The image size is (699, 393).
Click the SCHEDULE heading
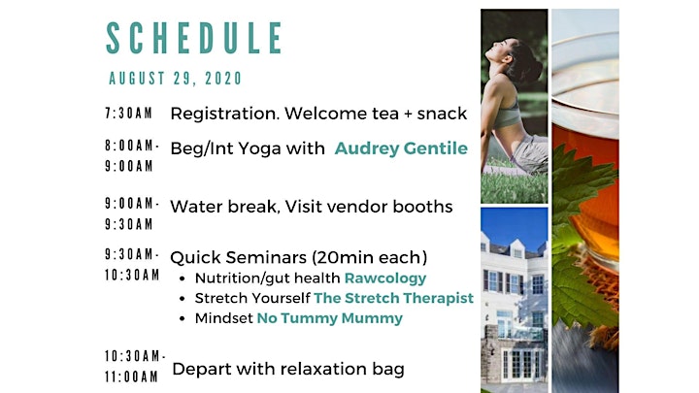pos(194,38)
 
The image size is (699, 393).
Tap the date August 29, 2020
pos(175,79)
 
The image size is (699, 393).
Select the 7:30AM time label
pos(128,114)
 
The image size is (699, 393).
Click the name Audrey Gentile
pos(401,148)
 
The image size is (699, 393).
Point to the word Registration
pos(224,115)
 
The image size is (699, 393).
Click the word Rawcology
pos(385,278)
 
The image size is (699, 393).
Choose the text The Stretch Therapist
pos(393,298)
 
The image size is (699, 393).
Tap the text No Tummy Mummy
pos(330,318)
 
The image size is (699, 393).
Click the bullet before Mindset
pos(182,319)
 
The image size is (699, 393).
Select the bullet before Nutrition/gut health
pos(182,278)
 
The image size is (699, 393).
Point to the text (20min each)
pos(370,257)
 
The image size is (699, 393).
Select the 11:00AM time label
pos(131,377)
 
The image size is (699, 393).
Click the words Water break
pos(224,207)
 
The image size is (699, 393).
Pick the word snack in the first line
pos(442,114)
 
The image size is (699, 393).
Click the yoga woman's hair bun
pos(531,66)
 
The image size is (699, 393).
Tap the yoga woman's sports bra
pos(507,115)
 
